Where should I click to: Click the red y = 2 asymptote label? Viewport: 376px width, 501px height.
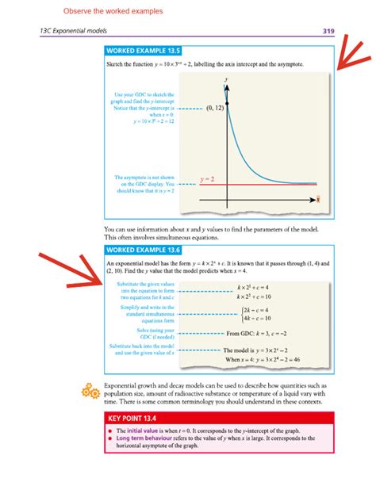(x=207, y=179)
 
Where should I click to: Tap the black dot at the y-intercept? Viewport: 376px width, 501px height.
(x=228, y=105)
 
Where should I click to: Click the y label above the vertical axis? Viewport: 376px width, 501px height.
(x=228, y=80)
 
